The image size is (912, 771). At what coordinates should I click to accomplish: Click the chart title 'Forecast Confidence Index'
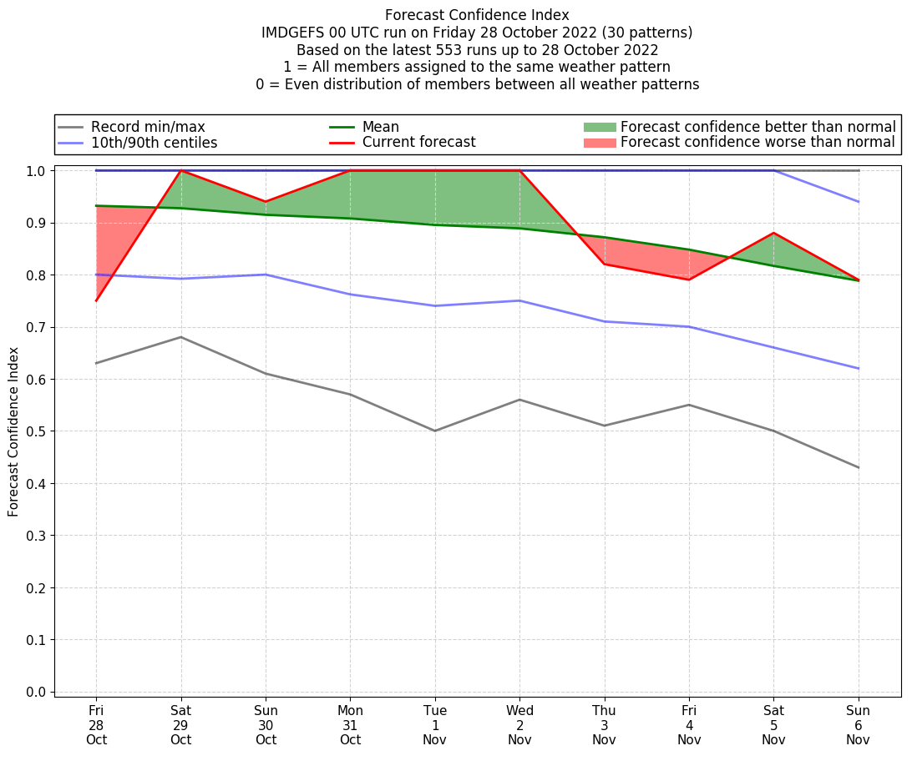coord(477,15)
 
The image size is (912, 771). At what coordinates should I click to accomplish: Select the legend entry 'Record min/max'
coord(148,127)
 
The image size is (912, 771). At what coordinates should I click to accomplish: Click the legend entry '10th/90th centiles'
coord(154,143)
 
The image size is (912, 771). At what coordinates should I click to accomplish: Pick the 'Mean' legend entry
coord(381,127)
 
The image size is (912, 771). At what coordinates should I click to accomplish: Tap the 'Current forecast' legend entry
coord(418,143)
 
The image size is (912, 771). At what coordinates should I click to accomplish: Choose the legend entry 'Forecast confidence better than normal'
coord(757,127)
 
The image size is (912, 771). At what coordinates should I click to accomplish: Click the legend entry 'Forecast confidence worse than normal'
coord(757,143)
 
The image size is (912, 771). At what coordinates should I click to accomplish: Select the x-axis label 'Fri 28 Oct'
coord(96,725)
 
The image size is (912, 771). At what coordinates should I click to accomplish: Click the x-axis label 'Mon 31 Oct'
coord(350,725)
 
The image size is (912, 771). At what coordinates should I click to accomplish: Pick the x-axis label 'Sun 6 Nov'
coord(858,725)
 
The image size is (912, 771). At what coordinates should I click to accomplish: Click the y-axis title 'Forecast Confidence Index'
coord(14,431)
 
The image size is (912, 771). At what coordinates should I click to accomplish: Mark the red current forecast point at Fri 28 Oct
coord(96,300)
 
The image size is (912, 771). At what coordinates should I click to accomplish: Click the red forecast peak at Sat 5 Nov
coord(773,233)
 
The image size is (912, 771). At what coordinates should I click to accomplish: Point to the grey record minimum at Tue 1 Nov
coord(435,431)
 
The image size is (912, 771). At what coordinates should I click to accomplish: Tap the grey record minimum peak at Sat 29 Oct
coord(180,337)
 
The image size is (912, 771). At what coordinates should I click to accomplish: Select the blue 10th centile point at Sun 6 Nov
coord(858,369)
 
